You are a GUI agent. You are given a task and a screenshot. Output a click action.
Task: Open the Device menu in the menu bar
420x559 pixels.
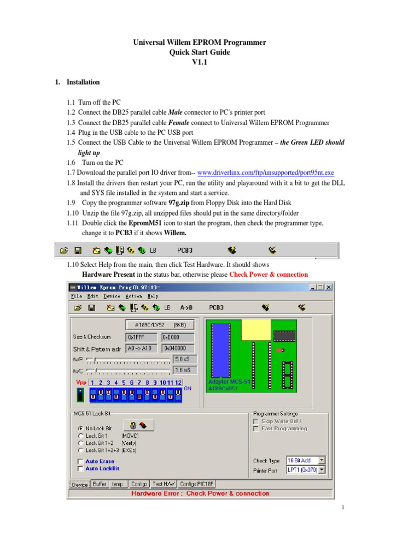pyautogui.click(x=111, y=296)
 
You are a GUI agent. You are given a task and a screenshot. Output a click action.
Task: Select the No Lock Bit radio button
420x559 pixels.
pyautogui.click(x=81, y=429)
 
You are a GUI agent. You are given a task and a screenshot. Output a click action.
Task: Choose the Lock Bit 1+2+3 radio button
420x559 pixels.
pyautogui.click(x=81, y=450)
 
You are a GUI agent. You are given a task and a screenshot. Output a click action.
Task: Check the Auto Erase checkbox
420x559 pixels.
pyautogui.click(x=81, y=461)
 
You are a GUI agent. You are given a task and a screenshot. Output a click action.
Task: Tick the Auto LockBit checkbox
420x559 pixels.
pyautogui.click(x=81, y=468)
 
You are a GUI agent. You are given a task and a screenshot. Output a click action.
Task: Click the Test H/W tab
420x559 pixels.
pyautogui.click(x=164, y=484)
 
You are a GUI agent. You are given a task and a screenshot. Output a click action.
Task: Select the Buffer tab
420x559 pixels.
pyautogui.click(x=100, y=484)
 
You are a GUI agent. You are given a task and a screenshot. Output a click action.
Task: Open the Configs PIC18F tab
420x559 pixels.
pyautogui.click(x=197, y=484)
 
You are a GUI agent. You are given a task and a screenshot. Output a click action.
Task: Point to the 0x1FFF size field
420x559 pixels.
pyautogui.click(x=142, y=337)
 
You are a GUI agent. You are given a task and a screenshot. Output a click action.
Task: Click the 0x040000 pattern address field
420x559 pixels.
pyautogui.click(x=178, y=348)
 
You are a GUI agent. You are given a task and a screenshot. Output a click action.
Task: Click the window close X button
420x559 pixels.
pyautogui.click(x=329, y=287)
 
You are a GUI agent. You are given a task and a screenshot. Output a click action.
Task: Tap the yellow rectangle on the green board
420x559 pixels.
pyautogui.click(x=255, y=330)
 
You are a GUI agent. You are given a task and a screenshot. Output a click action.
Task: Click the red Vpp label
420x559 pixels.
pyautogui.click(x=81, y=383)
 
